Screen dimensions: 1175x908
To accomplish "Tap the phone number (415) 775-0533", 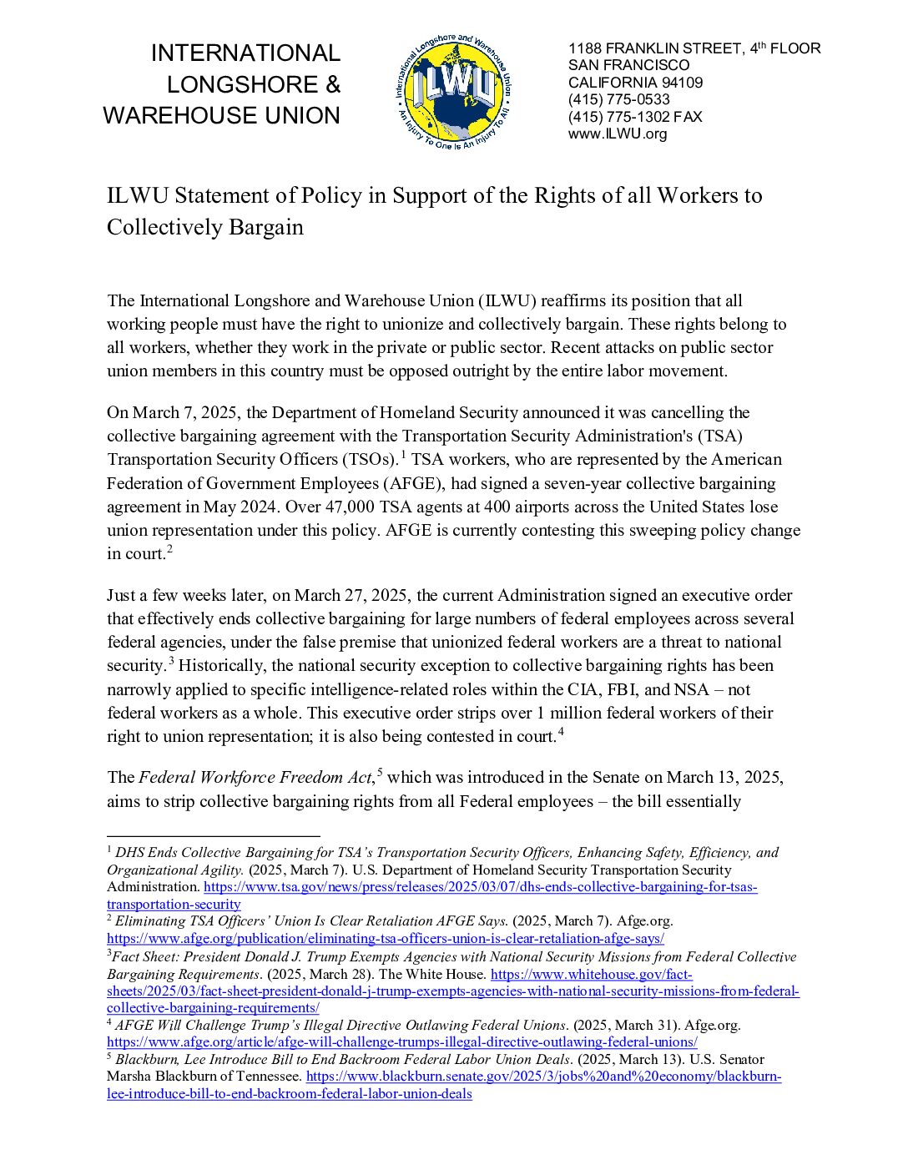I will (618, 99).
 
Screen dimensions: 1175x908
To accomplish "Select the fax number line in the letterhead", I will (635, 117).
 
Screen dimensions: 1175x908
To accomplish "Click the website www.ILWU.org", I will (618, 134).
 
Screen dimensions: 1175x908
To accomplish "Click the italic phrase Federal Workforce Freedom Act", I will (255, 778).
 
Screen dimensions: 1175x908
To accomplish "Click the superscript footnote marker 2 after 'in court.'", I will (169, 549).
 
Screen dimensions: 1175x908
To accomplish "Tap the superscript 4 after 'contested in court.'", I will (561, 732).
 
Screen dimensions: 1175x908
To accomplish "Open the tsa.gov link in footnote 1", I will (480, 887).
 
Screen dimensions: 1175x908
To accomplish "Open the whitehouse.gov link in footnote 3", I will (591, 974).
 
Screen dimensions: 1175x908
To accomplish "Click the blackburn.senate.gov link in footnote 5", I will (543, 1077).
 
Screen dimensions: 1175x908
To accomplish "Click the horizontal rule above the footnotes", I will (213, 835).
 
